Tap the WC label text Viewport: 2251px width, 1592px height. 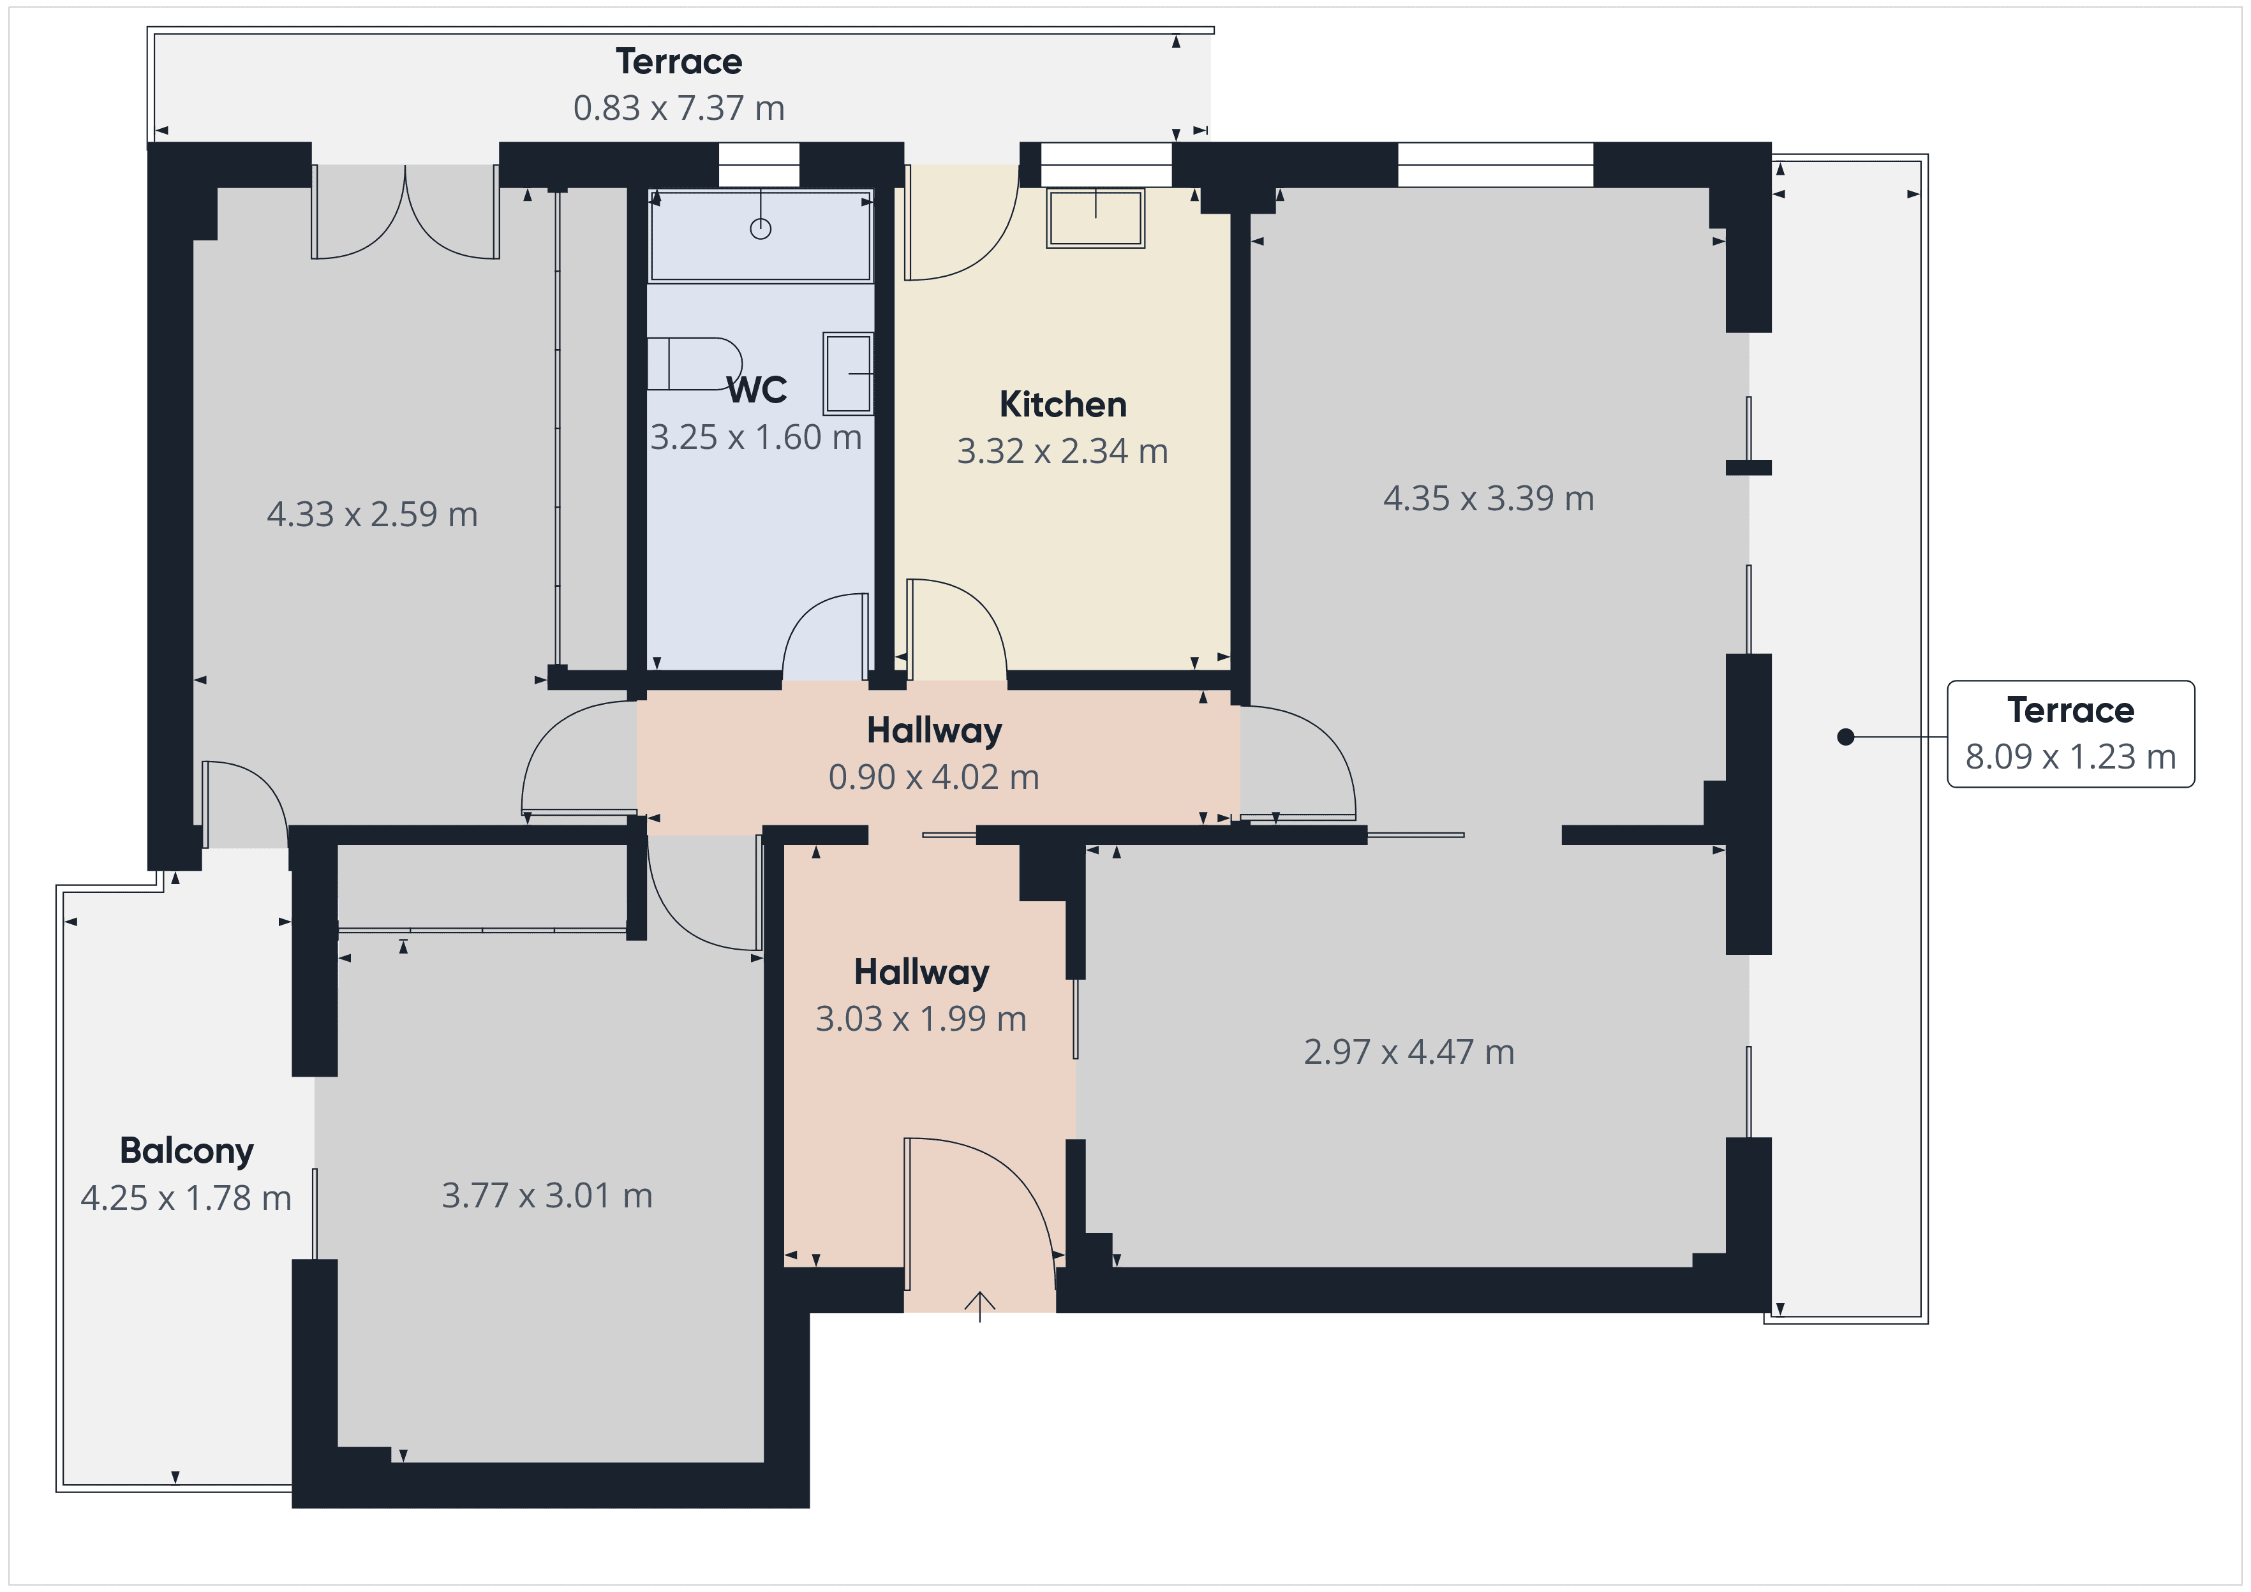click(x=757, y=390)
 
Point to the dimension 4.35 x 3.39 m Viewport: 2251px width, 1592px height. click(x=1489, y=499)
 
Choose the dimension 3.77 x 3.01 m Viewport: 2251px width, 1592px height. click(x=547, y=1196)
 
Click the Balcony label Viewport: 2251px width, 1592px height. click(x=186, y=1151)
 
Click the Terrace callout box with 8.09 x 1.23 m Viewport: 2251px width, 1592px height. click(x=2070, y=733)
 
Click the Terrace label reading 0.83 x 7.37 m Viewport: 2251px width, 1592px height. click(x=678, y=84)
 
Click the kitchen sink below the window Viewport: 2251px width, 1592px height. click(x=1095, y=217)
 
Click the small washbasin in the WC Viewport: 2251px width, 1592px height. click(x=847, y=374)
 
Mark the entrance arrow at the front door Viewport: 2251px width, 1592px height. click(x=979, y=1305)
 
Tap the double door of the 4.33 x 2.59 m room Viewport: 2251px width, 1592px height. click(x=405, y=214)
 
